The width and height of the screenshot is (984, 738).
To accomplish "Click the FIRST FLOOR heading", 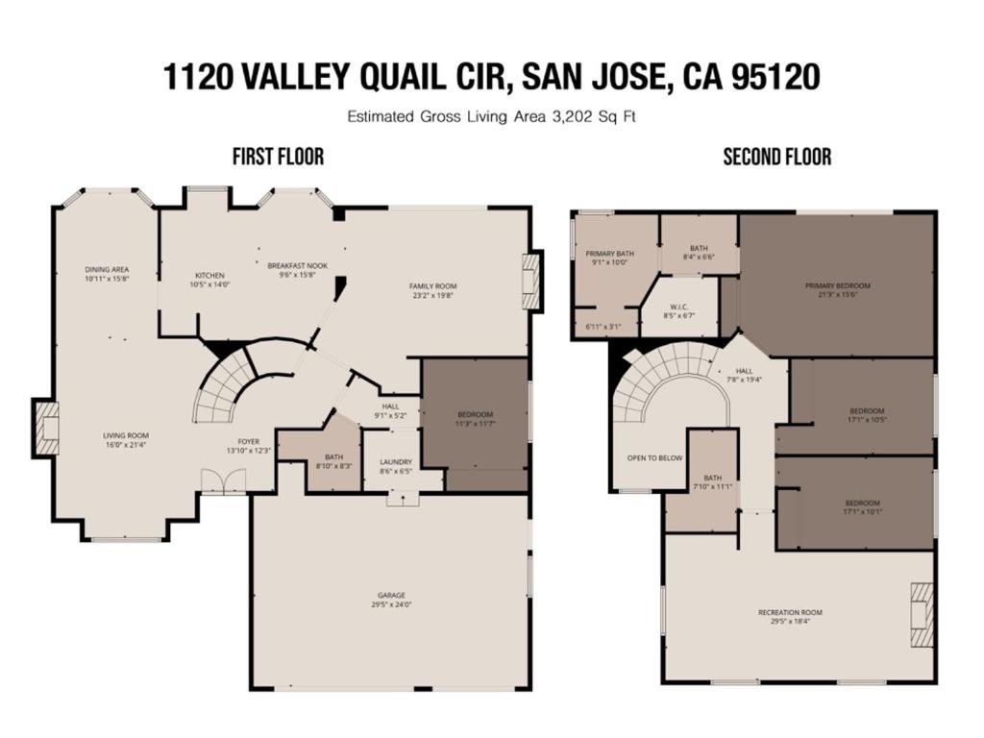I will click(278, 157).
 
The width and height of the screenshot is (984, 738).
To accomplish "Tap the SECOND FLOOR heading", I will click(776, 157).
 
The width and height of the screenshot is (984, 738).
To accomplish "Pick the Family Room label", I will click(432, 286).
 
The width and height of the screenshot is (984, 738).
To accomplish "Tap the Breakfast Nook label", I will click(298, 265).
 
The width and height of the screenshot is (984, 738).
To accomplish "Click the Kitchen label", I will click(209, 276).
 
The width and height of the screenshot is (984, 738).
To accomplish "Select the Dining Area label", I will click(107, 270).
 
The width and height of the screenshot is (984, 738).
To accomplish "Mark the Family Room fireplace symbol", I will click(531, 281).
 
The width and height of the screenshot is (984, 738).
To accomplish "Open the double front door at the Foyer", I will click(223, 482).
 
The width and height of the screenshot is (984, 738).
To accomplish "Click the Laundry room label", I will click(395, 461).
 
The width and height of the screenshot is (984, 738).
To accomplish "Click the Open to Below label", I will click(654, 457).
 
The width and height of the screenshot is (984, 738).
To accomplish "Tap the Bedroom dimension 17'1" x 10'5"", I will click(867, 419).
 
